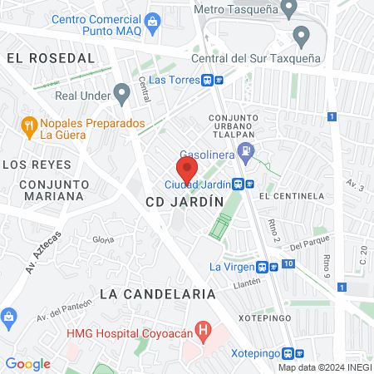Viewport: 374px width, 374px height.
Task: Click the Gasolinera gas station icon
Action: click(245, 151)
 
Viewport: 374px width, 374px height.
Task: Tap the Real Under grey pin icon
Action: click(122, 93)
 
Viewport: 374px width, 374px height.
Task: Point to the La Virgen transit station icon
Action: click(263, 267)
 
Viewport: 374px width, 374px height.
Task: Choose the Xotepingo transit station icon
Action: click(288, 352)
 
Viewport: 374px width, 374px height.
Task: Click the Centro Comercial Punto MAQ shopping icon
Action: click(151, 21)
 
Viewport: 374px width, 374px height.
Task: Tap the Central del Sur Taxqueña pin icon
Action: click(301, 37)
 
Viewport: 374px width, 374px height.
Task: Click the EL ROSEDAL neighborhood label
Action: click(51, 58)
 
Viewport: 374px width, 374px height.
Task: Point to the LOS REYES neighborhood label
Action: click(37, 165)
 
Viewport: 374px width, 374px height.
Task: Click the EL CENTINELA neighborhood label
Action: click(290, 196)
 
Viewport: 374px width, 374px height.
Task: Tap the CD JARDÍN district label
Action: click(185, 202)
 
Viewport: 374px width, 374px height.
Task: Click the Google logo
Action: click(27, 364)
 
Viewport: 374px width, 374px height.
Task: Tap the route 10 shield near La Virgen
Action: click(288, 264)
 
